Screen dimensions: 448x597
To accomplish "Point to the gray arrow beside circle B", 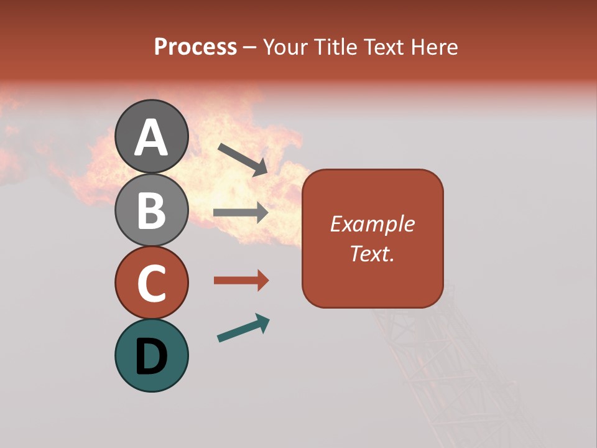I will [241, 213].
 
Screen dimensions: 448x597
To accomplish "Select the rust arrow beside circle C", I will [241, 281].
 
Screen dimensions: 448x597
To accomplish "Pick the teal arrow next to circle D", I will [243, 328].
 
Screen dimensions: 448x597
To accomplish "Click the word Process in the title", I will [195, 47].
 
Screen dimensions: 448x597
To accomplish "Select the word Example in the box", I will [372, 224].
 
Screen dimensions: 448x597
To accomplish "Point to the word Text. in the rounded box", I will [372, 253].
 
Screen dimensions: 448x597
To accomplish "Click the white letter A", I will [151, 138].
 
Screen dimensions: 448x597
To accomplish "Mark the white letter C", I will [151, 284].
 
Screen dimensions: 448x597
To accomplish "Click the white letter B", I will [151, 210].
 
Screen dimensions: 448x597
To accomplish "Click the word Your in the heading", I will [286, 47].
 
